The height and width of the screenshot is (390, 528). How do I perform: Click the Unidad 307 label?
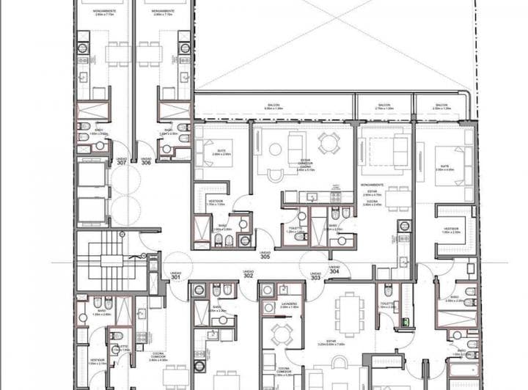[x=121, y=161]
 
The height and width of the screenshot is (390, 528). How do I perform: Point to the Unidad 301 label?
[x=176, y=276]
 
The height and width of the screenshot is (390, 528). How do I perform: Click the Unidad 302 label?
[x=248, y=273]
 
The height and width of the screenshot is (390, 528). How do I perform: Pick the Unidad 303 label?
[x=315, y=276]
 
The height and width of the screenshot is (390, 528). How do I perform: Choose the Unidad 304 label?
[x=334, y=268]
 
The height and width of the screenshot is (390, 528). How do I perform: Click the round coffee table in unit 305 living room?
[x=275, y=150]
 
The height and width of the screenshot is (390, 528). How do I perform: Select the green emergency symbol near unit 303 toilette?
[x=403, y=321]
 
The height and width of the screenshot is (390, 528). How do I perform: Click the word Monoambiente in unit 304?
[x=373, y=185]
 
